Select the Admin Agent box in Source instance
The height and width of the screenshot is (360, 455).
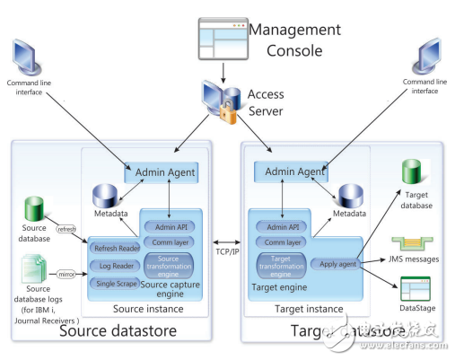(165, 171)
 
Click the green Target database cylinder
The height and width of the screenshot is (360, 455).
(411, 173)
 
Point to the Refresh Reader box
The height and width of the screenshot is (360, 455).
(114, 247)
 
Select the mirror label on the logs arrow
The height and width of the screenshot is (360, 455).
(67, 268)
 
